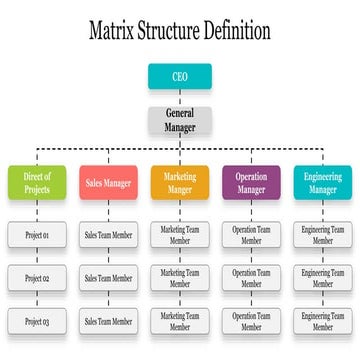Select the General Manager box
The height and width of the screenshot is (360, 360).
[x=179, y=121]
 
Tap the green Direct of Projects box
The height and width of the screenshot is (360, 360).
[x=36, y=183]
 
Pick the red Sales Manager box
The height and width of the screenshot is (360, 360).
[x=108, y=183]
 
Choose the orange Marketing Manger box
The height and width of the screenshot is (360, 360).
[x=180, y=183]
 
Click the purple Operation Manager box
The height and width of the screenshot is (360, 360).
[x=251, y=183]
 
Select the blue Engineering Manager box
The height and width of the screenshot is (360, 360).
[x=323, y=183]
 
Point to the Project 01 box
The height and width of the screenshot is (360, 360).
[x=37, y=236]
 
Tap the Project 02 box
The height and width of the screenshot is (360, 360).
[x=37, y=278]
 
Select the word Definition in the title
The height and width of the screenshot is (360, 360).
[x=233, y=30]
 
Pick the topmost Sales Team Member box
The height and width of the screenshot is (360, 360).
[x=108, y=236]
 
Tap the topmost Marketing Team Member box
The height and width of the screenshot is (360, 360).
[x=180, y=236]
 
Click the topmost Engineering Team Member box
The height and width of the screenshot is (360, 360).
[x=323, y=236]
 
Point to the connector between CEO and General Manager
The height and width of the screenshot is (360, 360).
[x=179, y=97]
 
